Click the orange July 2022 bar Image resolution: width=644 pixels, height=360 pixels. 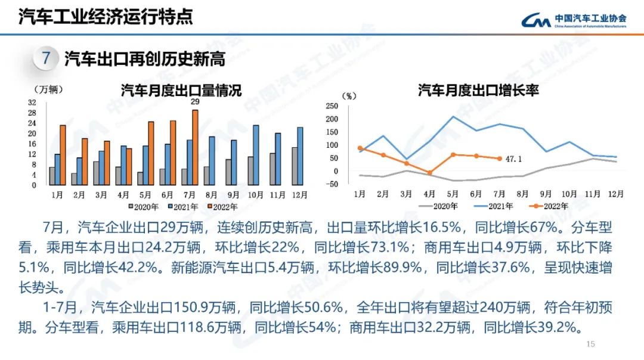[x=195, y=147]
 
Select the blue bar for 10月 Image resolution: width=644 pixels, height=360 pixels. [x=256, y=155]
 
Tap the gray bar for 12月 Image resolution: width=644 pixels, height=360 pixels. [x=294, y=166]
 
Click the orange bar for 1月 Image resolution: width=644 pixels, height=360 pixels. [x=63, y=155]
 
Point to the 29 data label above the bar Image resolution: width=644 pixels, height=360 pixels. [x=194, y=102]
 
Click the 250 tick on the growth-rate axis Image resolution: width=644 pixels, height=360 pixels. [x=332, y=106]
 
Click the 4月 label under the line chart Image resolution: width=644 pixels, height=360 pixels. [x=430, y=194]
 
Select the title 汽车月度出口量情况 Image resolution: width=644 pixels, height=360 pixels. [x=181, y=91]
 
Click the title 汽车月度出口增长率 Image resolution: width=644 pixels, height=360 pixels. [x=478, y=91]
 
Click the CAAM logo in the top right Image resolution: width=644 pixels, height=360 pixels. [x=574, y=20]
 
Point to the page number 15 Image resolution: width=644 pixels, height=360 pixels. [x=591, y=344]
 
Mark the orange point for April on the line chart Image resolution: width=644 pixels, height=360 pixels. [x=430, y=173]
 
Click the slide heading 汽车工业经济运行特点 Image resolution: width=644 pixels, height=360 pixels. [x=106, y=17]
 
